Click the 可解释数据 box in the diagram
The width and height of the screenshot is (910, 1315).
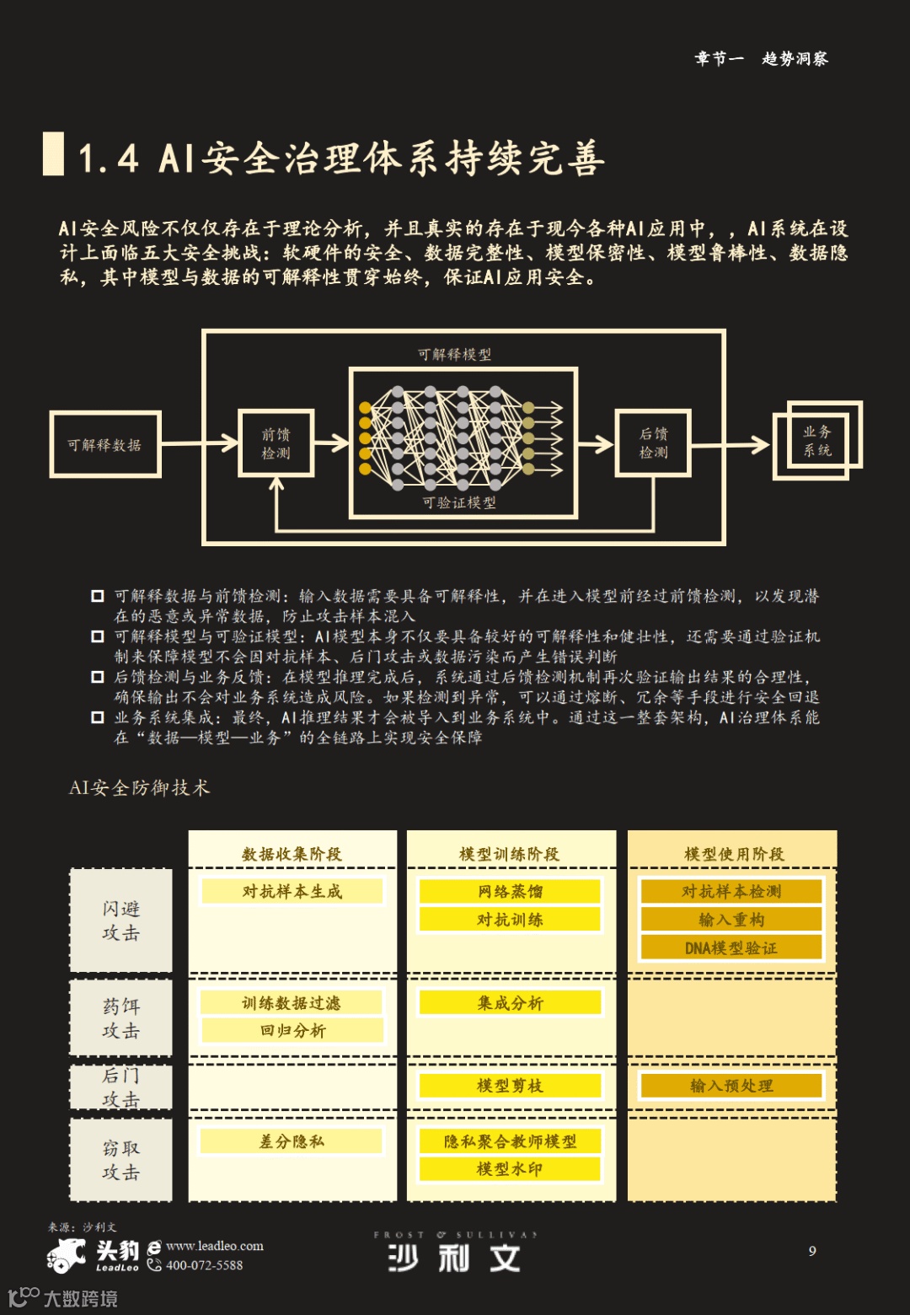104,444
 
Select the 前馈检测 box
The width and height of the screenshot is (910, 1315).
276,443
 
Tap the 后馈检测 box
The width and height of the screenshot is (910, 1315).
653,443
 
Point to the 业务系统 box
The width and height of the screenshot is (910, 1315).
816,441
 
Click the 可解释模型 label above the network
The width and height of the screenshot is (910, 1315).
454,354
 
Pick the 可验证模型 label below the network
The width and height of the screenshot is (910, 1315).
459,502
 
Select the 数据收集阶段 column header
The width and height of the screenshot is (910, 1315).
292,854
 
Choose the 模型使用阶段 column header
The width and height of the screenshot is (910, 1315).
733,854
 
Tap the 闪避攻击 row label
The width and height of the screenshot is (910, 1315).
120,920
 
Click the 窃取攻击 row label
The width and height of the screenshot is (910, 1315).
120,1160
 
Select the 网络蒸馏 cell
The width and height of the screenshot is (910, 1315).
510,891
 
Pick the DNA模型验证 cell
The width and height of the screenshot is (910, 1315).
731,947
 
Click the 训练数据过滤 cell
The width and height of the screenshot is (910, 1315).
292,1002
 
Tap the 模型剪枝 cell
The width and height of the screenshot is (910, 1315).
510,1086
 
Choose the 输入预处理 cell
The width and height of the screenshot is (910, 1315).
731,1086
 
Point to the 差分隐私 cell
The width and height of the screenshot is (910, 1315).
292,1141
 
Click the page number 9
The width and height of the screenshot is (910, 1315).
812,1251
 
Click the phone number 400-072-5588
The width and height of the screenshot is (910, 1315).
204,1265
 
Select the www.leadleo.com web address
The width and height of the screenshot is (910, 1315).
214,1246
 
